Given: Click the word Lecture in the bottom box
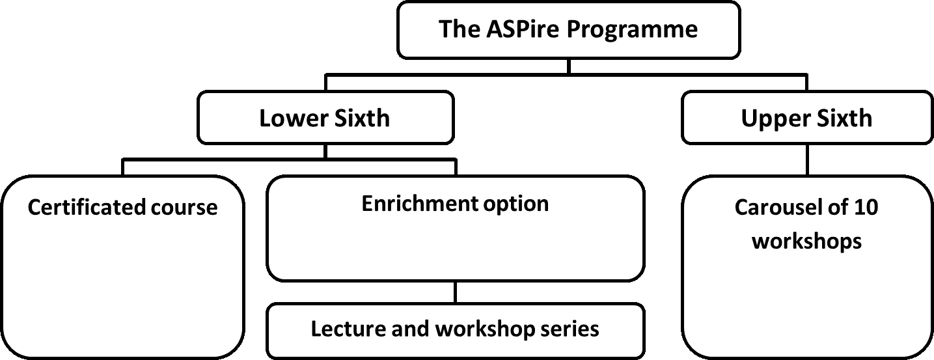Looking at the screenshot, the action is coord(348,329).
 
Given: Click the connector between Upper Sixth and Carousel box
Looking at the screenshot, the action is coord(808,159).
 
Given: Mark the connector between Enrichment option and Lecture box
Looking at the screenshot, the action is coord(455,292).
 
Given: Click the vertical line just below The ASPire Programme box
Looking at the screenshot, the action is coord(569,66).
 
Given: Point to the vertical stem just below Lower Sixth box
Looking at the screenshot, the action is coord(325,152).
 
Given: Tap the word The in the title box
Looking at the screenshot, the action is coord(459,29).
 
